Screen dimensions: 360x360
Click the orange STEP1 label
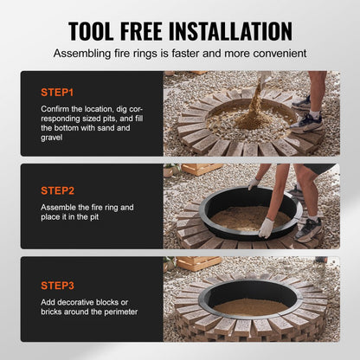(x=58, y=90)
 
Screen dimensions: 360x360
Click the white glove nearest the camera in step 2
(x=266, y=228)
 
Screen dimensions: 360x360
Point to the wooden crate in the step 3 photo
(x=198, y=262)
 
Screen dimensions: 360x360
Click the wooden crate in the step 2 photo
(x=192, y=170)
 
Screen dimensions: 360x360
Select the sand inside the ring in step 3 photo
(x=251, y=306)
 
